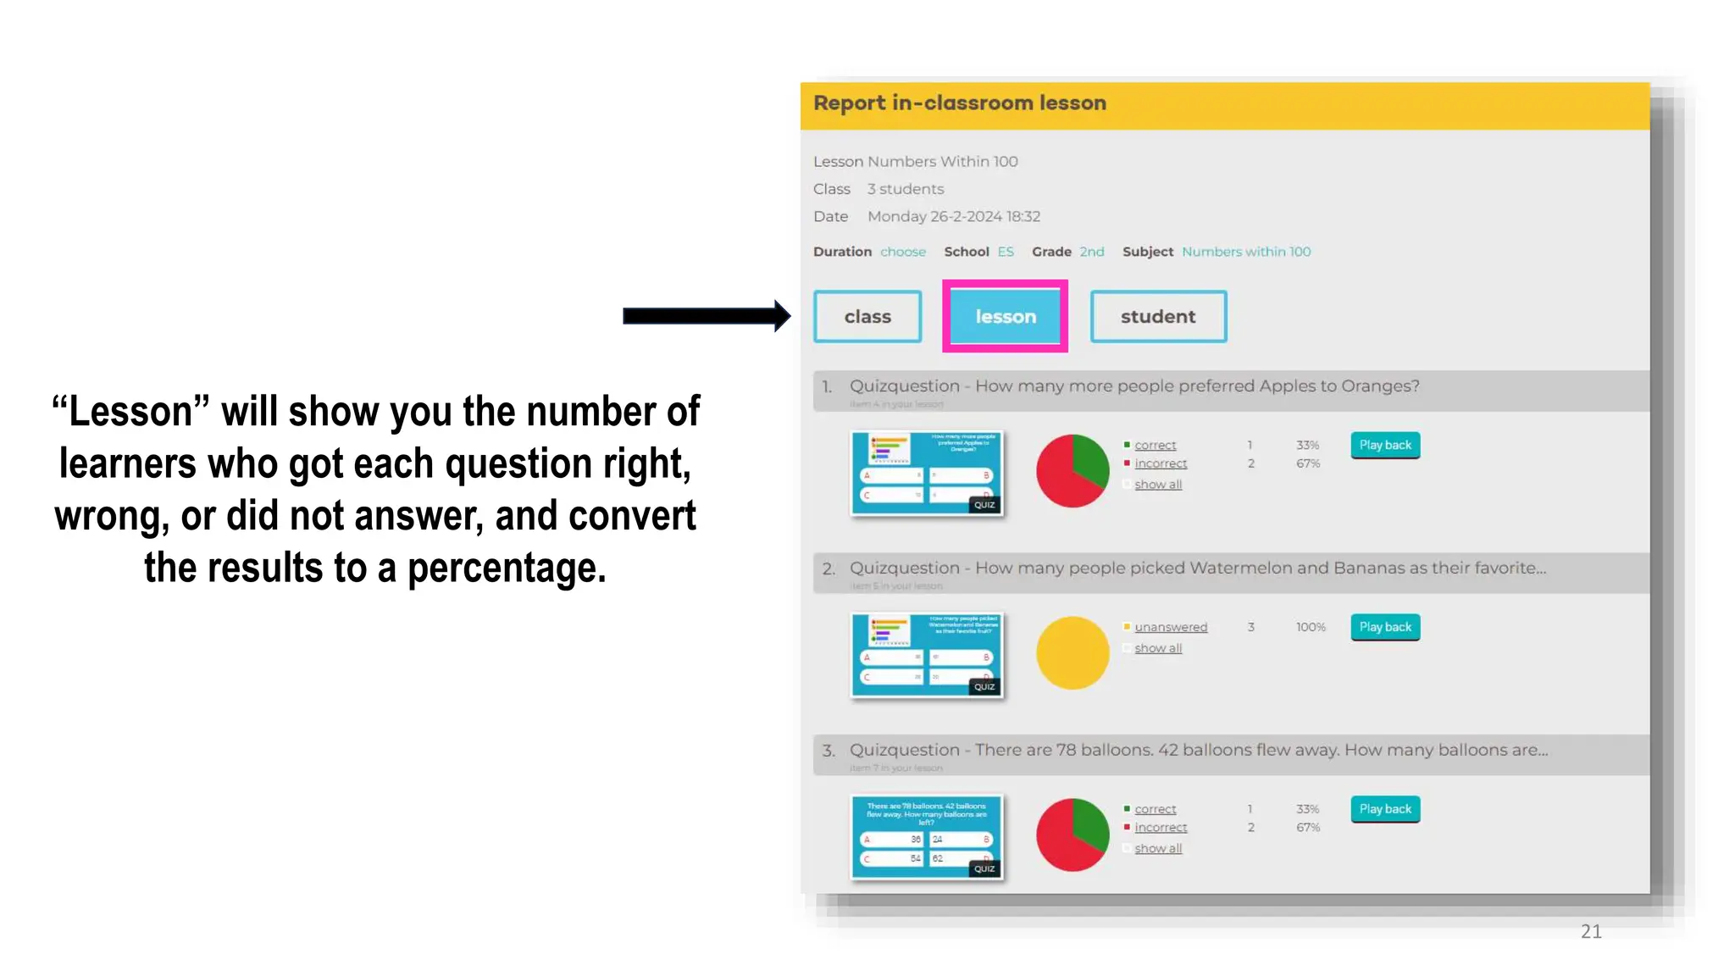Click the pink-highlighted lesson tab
point(1005,316)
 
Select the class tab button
point(867,316)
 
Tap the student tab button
point(1158,316)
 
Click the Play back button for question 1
point(1385,445)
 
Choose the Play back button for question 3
point(1385,809)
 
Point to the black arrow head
point(781,316)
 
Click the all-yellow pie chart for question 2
point(1073,652)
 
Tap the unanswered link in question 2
point(1171,627)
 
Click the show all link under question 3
point(1158,848)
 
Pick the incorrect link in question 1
point(1161,463)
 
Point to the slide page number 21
point(1591,931)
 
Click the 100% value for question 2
point(1311,627)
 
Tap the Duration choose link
point(903,252)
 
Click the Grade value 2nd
point(1092,252)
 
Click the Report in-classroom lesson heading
point(960,103)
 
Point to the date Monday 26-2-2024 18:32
point(954,216)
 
